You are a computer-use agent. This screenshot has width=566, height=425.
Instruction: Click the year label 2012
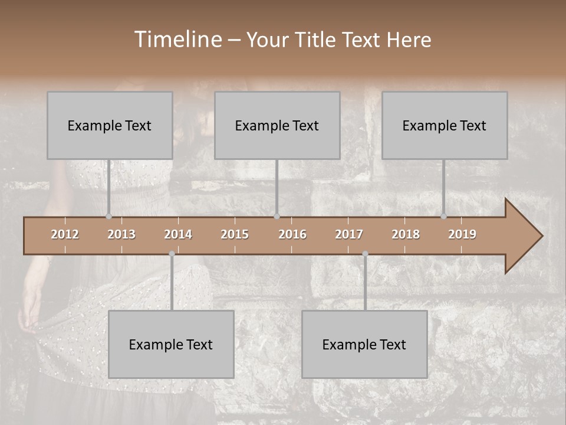click(65, 234)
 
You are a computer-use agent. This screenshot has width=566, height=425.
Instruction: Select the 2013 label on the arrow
click(121, 234)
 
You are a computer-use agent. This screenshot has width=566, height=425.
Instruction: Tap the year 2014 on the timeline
click(178, 234)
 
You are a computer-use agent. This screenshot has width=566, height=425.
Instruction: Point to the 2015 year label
click(235, 234)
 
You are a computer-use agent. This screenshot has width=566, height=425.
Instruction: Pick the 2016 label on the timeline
click(292, 234)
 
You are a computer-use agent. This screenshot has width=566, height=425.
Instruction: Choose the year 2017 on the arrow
click(349, 234)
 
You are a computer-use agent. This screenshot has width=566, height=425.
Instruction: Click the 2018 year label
click(406, 234)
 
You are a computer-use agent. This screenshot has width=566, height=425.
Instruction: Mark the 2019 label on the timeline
click(462, 234)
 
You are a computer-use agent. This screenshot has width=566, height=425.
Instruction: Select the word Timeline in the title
click(177, 40)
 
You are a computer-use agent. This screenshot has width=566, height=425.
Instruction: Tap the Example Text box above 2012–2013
click(110, 125)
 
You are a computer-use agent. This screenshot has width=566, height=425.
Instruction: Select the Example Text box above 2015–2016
click(277, 125)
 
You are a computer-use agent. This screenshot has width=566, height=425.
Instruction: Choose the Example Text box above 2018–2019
click(445, 125)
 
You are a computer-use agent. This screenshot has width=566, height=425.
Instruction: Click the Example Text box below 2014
click(171, 344)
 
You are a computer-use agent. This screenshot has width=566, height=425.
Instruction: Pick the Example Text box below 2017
click(364, 344)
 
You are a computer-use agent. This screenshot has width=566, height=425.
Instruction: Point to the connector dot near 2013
click(108, 216)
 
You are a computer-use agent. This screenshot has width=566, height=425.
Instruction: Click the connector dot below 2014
click(172, 254)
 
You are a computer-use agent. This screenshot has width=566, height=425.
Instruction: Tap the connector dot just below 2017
click(365, 254)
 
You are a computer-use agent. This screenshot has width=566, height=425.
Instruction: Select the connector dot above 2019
click(443, 216)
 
